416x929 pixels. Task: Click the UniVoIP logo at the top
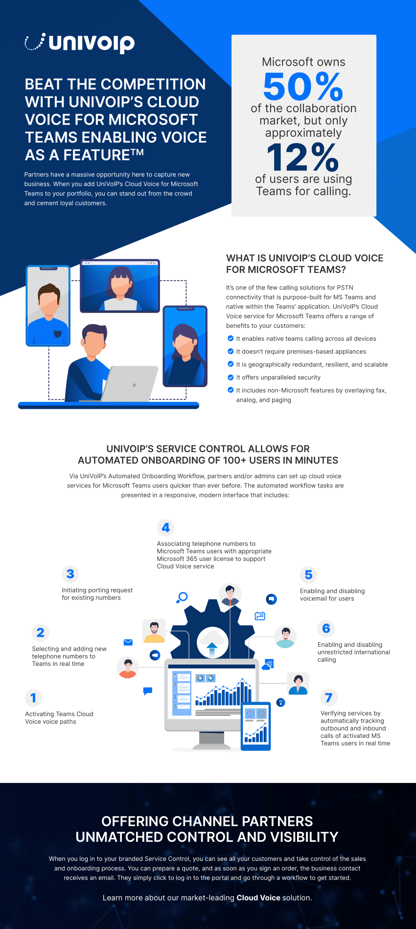tap(80, 43)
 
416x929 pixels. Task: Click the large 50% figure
tap(303, 87)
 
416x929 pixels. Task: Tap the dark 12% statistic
tap(303, 157)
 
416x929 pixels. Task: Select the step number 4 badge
tap(166, 528)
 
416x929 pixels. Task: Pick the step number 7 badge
tap(328, 697)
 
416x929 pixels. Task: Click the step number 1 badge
tap(33, 698)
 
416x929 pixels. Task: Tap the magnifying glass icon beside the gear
tap(182, 597)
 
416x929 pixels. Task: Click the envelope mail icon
tap(128, 642)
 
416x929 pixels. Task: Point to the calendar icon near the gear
tap(260, 616)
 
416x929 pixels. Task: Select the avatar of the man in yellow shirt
tap(154, 631)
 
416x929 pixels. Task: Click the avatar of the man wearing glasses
tap(230, 594)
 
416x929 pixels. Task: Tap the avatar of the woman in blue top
tap(298, 684)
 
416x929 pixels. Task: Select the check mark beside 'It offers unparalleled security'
tap(231, 377)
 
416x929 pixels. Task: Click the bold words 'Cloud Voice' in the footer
tap(258, 898)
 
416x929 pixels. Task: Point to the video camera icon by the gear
tap(155, 655)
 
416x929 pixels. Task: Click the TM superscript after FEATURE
tap(137, 152)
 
